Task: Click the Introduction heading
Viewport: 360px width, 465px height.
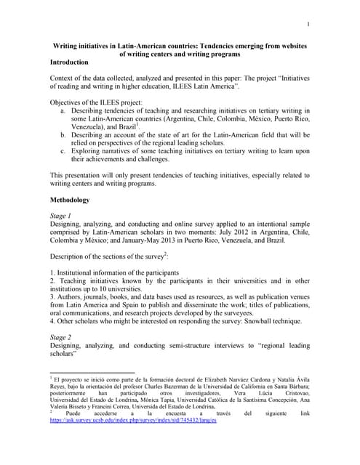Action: (73, 63)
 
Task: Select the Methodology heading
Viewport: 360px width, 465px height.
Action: (74, 198)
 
